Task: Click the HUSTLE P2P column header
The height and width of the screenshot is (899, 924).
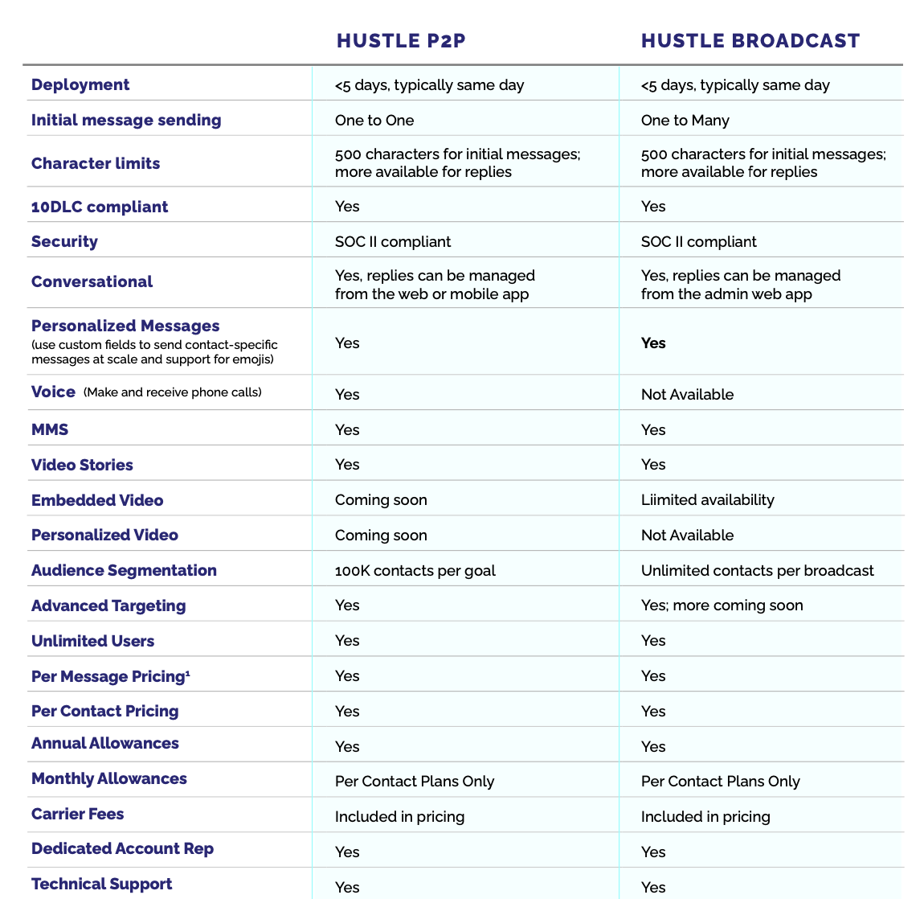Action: coord(401,41)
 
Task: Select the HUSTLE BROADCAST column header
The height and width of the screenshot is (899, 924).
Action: coord(750,41)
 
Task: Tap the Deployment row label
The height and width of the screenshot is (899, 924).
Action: coord(80,84)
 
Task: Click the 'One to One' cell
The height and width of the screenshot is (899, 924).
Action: coord(374,121)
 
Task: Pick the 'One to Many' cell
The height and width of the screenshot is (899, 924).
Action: coord(685,121)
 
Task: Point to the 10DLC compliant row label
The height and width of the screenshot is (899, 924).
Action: coord(100,207)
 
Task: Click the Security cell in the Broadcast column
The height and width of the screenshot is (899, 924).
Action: coord(698,241)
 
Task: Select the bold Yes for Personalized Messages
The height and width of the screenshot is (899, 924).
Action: coord(653,343)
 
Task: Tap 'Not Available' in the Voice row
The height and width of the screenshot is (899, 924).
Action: coord(687,394)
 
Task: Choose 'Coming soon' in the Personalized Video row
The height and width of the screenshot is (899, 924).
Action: coord(381,536)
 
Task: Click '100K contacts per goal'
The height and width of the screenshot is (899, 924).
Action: coord(415,571)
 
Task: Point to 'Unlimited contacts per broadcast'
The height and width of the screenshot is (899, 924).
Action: coord(757,571)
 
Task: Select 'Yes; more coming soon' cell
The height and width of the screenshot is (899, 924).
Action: coord(722,605)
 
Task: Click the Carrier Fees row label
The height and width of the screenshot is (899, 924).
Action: coord(78,814)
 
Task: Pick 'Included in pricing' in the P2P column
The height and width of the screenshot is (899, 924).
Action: coord(399,817)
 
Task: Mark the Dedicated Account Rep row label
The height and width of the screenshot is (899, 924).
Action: coord(122,849)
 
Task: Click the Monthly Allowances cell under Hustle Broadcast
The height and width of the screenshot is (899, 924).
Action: coord(720,782)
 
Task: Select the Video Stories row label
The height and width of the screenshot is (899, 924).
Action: coord(82,465)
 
